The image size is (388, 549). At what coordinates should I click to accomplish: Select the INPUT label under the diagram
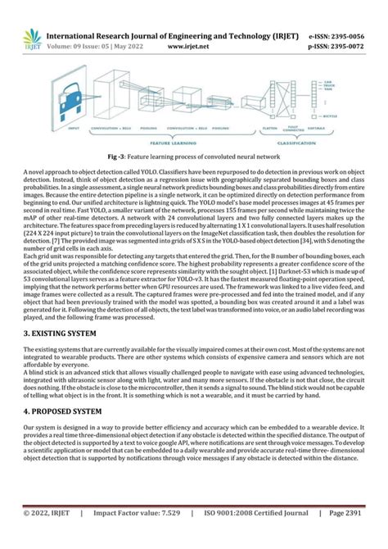[x=74, y=128]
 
